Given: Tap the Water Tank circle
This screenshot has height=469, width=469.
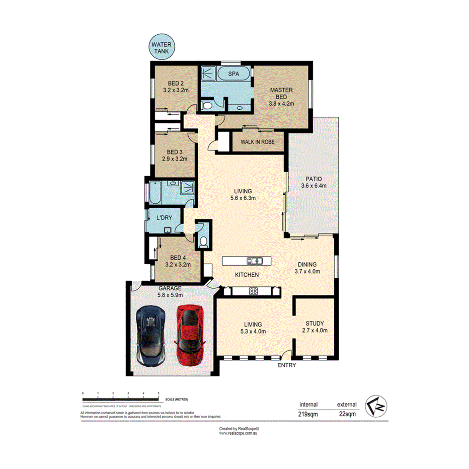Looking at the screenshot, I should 162,48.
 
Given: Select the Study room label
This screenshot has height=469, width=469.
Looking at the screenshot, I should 315,327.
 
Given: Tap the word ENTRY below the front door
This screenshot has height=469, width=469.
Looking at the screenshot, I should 287,366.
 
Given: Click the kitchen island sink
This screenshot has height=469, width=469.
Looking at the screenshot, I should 255,261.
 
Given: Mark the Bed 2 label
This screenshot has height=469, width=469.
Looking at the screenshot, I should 175,87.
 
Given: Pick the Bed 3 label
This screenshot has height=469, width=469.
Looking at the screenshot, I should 175,155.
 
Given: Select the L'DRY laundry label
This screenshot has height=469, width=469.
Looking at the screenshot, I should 165,218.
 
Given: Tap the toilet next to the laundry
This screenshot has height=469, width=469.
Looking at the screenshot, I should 203,242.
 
